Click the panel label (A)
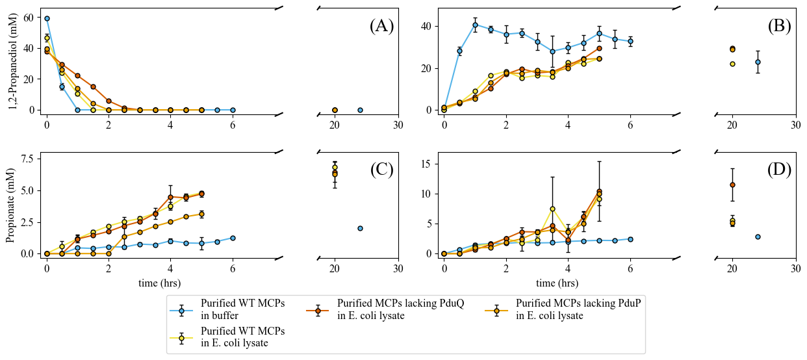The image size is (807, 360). pyautogui.click(x=381, y=26)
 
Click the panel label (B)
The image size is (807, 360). pyautogui.click(x=779, y=26)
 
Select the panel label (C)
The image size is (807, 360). pyautogui.click(x=381, y=170)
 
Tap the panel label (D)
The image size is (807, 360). pyautogui.click(x=779, y=170)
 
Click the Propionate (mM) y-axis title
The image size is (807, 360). pyautogui.click(x=11, y=206)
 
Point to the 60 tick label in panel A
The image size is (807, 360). pyautogui.click(x=29, y=18)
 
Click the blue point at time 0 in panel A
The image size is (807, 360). pyautogui.click(x=47, y=19)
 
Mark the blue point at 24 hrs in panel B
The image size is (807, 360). pyautogui.click(x=758, y=62)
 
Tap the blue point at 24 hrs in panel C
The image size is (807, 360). pyautogui.click(x=360, y=228)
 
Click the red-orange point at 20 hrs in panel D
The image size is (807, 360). pyautogui.click(x=732, y=185)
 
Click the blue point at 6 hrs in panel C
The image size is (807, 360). pyautogui.click(x=233, y=238)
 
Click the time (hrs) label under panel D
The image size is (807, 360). pyautogui.click(x=557, y=283)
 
